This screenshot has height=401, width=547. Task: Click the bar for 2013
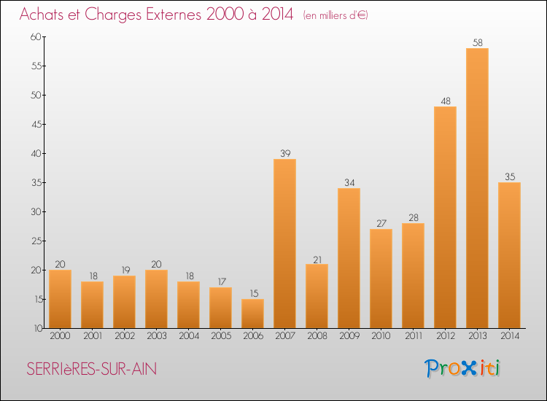tap(477, 188)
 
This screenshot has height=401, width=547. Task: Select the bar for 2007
tap(284, 244)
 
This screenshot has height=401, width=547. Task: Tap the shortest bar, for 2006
tap(252, 314)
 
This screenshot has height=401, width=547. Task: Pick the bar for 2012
tap(445, 217)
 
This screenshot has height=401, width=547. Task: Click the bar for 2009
tap(349, 258)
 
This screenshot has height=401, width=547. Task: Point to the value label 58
tap(478, 42)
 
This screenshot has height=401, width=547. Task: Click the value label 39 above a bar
tap(285, 153)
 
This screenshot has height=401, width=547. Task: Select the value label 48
tap(446, 101)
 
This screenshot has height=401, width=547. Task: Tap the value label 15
tap(254, 293)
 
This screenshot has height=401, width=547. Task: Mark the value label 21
tap(317, 260)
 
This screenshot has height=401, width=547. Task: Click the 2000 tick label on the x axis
tap(60, 336)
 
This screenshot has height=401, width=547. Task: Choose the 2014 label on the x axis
tap(510, 336)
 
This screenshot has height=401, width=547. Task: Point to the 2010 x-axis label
tap(381, 336)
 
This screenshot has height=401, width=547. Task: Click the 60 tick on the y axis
tap(36, 36)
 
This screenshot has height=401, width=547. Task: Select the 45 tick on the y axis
tap(36, 125)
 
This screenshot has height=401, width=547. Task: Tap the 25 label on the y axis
tap(36, 241)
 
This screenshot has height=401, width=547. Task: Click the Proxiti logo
tap(462, 368)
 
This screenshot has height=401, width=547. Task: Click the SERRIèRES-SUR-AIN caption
tap(92, 369)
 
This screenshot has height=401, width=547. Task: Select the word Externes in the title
tap(174, 14)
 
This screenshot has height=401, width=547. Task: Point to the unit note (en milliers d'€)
tap(335, 15)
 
